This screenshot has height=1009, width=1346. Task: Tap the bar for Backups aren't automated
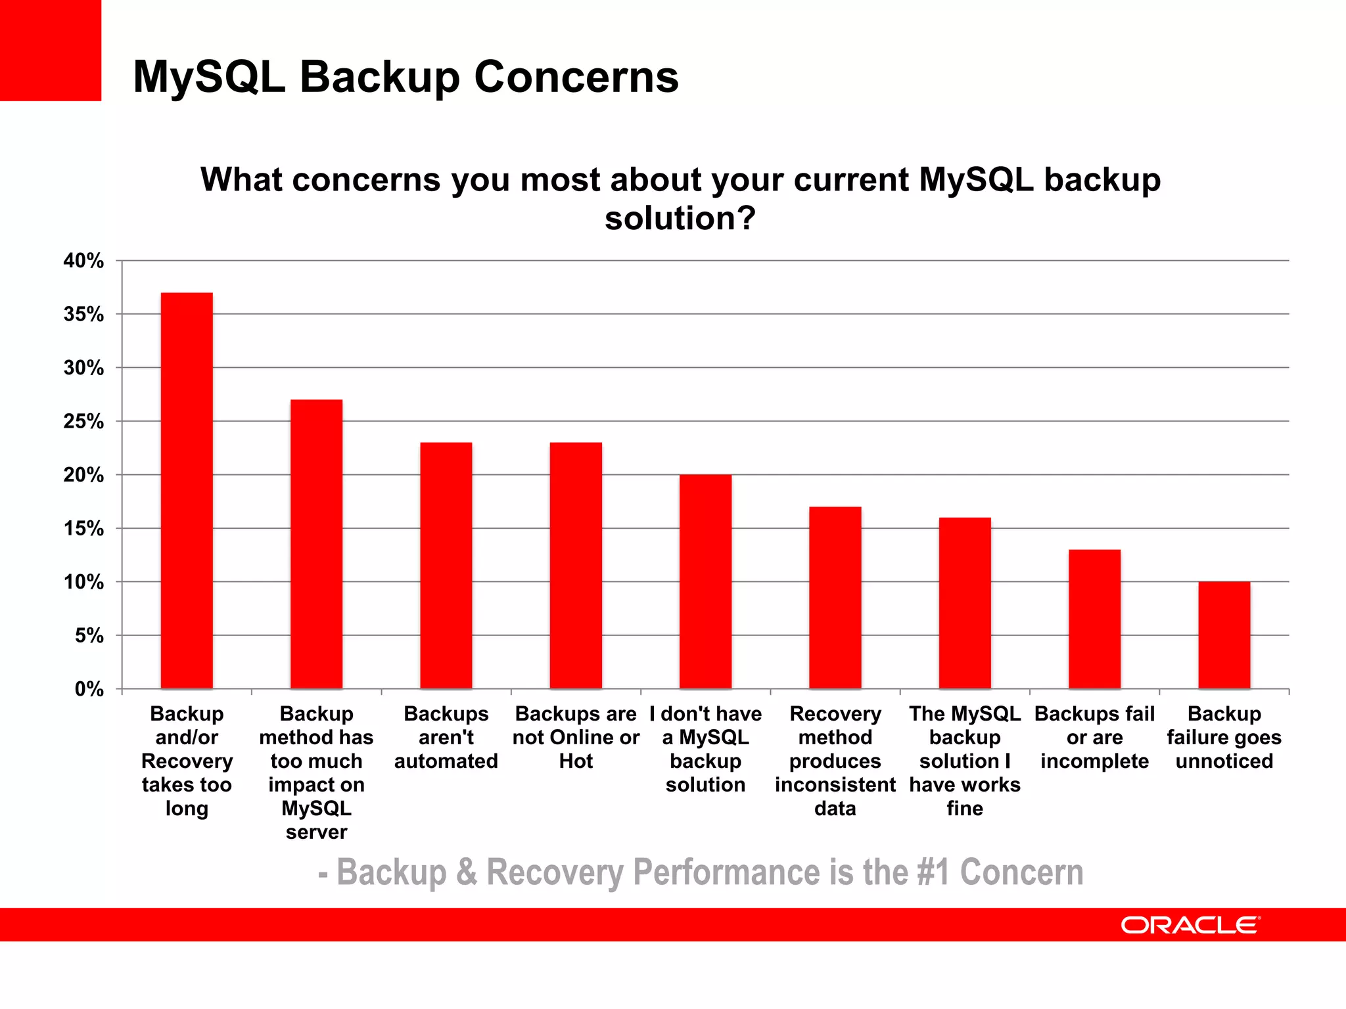(x=446, y=566)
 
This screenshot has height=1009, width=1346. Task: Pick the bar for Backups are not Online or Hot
(x=576, y=566)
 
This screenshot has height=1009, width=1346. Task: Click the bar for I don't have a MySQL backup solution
(x=705, y=581)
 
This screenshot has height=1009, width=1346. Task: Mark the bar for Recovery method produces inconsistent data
(x=835, y=598)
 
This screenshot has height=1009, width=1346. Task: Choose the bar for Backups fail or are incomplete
(x=1094, y=619)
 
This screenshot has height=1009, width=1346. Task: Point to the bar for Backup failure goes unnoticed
(x=1224, y=635)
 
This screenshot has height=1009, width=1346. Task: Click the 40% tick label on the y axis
(x=83, y=261)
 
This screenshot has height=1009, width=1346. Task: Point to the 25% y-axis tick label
(x=83, y=422)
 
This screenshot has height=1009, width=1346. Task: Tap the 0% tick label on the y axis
(x=89, y=689)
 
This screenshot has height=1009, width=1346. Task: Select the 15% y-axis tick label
(x=83, y=529)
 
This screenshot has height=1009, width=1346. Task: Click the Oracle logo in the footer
(x=1190, y=925)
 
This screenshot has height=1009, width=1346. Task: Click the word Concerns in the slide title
(x=576, y=77)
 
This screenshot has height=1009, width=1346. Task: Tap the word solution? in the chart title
(x=680, y=218)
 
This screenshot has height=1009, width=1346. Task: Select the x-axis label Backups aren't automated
(x=446, y=737)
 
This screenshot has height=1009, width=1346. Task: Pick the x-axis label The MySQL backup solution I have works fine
(x=965, y=761)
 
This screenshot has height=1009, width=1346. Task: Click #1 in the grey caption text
(x=933, y=872)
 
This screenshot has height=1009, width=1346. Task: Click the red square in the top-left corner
(x=51, y=51)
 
